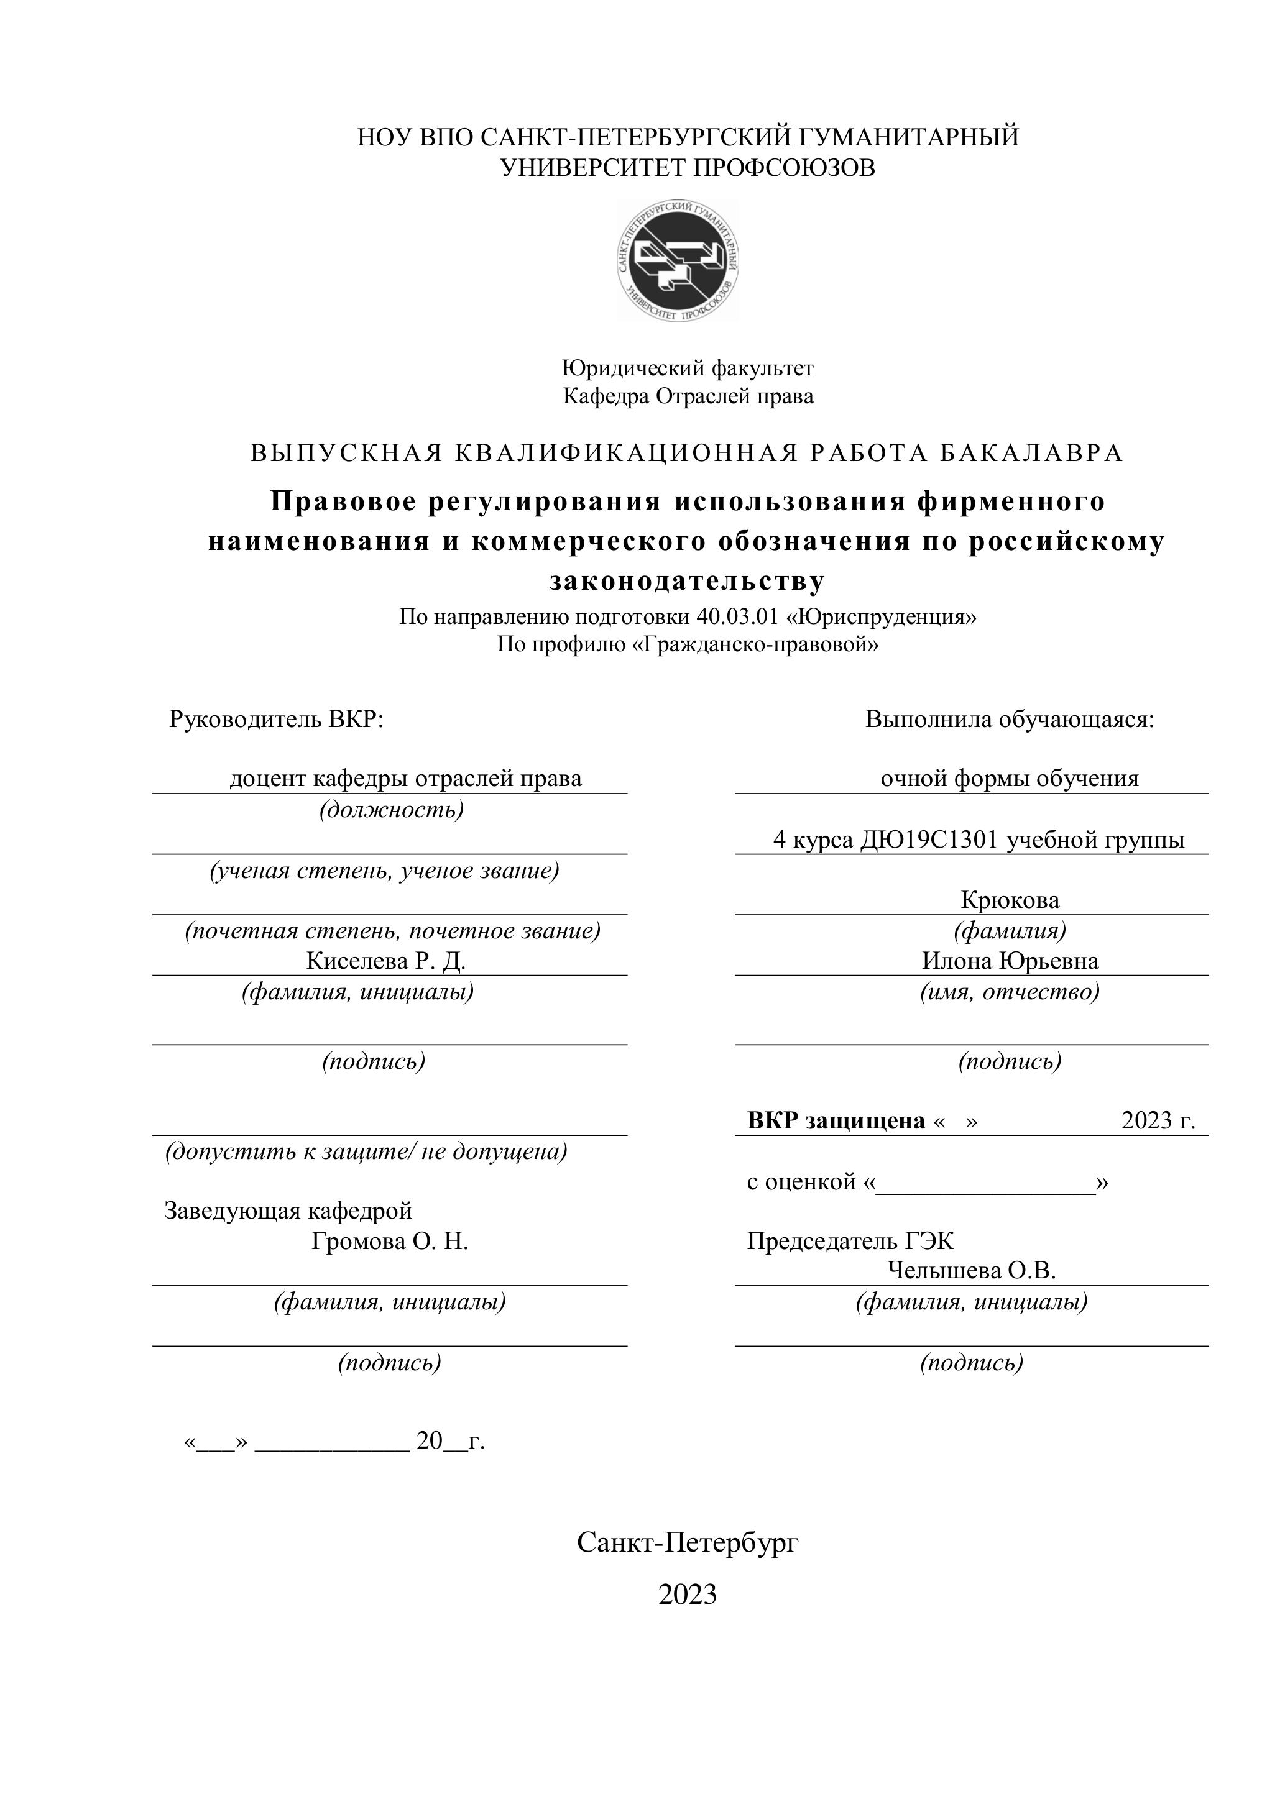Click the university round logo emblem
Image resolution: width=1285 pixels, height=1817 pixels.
[x=678, y=260]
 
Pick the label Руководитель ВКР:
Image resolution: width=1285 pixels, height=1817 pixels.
[x=276, y=720]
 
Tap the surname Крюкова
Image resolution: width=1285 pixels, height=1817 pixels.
[x=1010, y=900]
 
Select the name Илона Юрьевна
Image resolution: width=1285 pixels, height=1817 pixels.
[x=1010, y=961]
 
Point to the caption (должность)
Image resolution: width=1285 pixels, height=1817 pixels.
[x=391, y=810]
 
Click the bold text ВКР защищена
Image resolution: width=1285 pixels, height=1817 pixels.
[x=836, y=1120]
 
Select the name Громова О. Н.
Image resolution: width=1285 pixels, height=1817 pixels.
[x=390, y=1241]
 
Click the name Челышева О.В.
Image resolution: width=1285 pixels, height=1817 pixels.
[x=972, y=1271]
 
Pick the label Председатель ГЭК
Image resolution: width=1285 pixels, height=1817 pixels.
[x=850, y=1241]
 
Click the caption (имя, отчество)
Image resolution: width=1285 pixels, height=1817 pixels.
[x=1010, y=992]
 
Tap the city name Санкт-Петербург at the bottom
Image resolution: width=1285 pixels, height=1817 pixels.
[x=687, y=1542]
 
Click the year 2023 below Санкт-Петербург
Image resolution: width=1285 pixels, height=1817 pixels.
[x=687, y=1595]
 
